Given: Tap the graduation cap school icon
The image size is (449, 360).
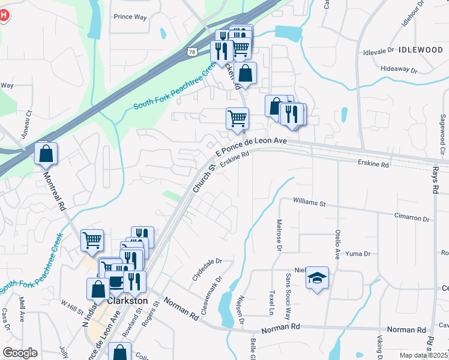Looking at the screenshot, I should [317, 278].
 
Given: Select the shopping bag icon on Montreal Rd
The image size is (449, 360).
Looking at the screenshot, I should [46, 155].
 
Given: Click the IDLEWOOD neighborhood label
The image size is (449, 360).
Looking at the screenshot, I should [420, 50].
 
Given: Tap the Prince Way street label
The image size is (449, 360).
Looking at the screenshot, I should [130, 17].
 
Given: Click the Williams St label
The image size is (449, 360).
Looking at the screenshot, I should [309, 203].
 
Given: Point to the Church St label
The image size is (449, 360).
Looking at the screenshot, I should [203, 178].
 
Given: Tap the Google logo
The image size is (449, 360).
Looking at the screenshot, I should [20, 353].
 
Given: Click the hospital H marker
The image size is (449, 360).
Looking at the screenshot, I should [3, 15].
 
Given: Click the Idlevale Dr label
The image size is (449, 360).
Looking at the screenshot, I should [379, 52].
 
